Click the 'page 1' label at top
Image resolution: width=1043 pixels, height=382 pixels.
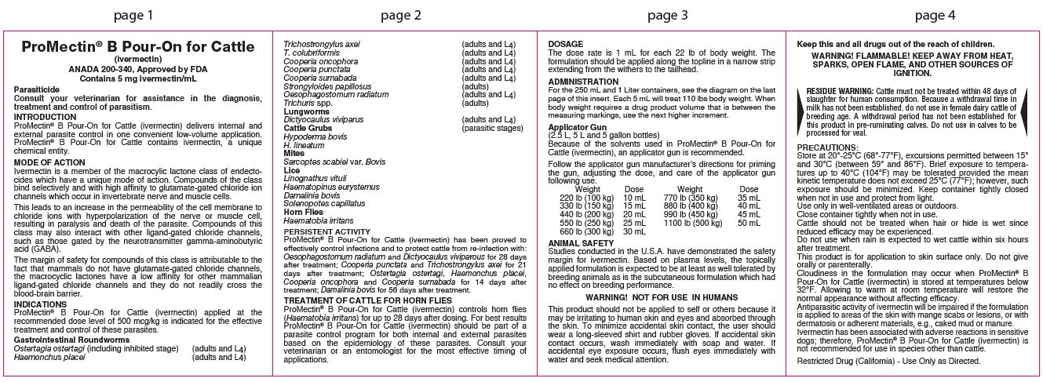point(133,14)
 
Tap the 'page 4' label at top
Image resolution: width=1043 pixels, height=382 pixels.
point(913,14)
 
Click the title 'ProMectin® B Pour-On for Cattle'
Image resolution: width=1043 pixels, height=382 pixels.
point(133,48)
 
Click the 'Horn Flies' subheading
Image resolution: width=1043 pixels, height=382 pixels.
point(304,211)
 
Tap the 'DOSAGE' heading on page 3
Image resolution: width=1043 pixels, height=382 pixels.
point(565,44)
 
